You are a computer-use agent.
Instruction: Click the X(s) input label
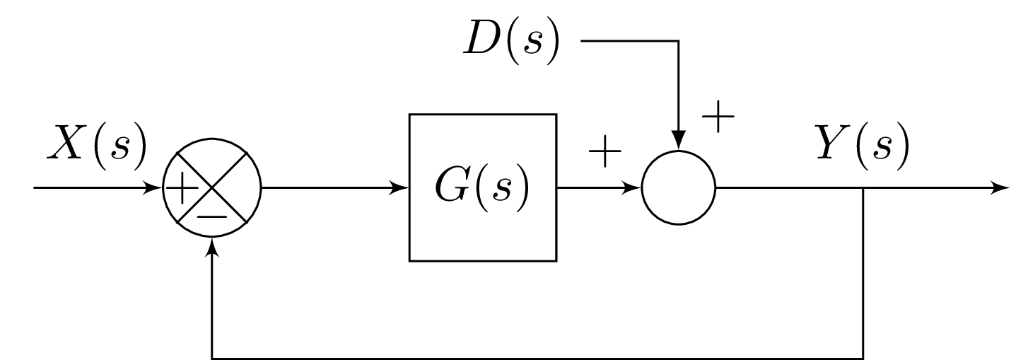(x=96, y=143)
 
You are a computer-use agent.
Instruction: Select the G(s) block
(x=483, y=187)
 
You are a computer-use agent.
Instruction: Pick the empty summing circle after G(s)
(x=679, y=189)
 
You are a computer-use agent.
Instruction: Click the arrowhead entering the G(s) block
(x=402, y=189)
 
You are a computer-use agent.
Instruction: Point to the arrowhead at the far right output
(x=1001, y=189)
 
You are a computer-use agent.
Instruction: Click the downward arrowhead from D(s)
(x=679, y=141)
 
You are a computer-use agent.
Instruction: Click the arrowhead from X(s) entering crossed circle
(x=156, y=189)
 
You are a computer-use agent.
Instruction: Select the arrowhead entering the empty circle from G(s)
(x=633, y=189)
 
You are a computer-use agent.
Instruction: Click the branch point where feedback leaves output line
(x=863, y=189)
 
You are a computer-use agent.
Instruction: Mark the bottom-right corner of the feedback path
(x=863, y=358)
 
